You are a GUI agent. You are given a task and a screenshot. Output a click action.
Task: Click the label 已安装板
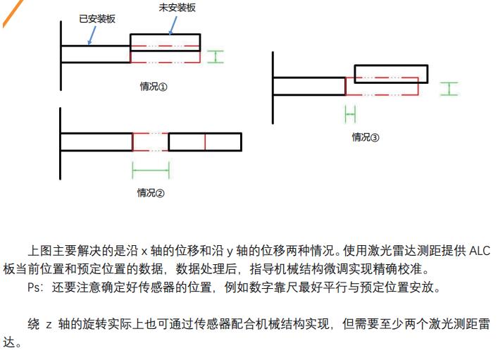point(92,20)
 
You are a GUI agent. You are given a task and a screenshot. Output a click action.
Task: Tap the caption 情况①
point(153,87)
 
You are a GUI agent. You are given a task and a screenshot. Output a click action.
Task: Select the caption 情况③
point(366,137)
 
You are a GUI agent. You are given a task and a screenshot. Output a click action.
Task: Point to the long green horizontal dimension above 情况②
point(151,170)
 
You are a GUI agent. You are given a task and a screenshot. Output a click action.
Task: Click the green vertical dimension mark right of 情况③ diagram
point(449,89)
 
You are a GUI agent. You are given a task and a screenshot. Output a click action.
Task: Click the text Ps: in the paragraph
point(35,287)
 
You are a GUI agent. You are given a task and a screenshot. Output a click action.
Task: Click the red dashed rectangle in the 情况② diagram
point(150,142)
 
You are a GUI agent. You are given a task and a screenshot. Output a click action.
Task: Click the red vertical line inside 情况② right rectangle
point(205,142)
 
